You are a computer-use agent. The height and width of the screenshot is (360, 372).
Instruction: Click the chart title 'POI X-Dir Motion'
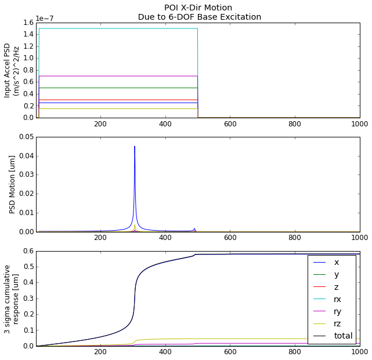(x=199, y=8)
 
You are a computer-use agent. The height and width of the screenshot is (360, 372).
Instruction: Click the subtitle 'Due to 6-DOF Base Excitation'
(x=199, y=17)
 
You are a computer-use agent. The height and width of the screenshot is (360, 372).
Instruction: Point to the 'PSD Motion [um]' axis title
(x=12, y=184)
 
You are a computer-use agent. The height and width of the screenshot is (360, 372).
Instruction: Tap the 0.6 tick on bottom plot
(x=26, y=251)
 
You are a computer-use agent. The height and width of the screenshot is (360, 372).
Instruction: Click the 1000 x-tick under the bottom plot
(x=359, y=352)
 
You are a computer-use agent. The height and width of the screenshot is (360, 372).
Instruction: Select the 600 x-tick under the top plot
(x=230, y=124)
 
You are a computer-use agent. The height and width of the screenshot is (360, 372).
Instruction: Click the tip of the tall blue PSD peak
(x=135, y=147)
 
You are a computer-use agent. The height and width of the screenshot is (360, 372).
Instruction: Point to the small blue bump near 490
(x=194, y=228)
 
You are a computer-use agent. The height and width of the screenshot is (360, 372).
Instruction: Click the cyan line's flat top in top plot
(x=116, y=28)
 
